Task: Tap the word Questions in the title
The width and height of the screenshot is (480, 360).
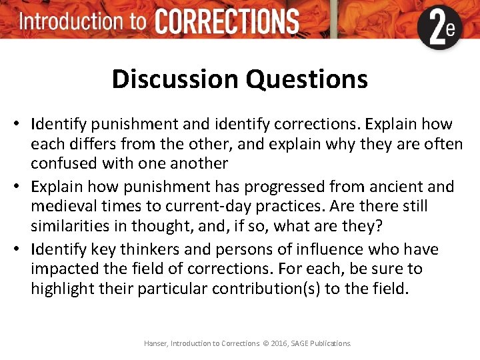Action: point(306,79)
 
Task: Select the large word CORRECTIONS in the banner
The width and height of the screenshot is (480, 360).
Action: point(227,22)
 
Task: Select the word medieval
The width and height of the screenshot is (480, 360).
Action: point(62,206)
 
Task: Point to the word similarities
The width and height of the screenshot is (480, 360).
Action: point(69,226)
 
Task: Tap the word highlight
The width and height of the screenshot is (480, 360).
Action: point(62,289)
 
